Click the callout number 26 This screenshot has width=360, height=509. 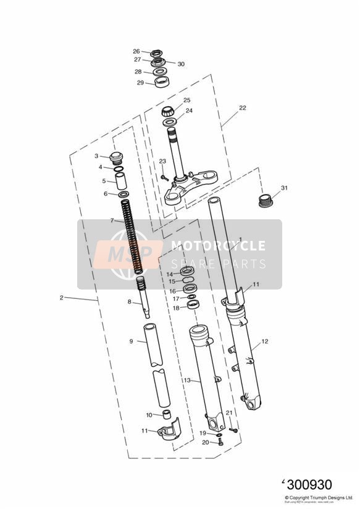[x=136, y=51]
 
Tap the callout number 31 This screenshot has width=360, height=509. [x=284, y=188]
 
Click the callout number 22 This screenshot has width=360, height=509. [x=243, y=108]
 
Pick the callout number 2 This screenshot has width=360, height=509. [x=62, y=298]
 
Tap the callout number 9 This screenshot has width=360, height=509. [x=131, y=341]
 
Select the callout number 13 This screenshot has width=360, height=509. [x=187, y=381]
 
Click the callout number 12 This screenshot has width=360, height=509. [x=264, y=341]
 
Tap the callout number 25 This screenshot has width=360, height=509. [x=186, y=100]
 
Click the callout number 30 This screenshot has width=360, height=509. [x=182, y=64]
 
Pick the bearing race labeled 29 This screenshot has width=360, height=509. [x=162, y=82]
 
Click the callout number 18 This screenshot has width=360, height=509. [x=176, y=308]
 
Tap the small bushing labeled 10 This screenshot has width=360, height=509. [x=165, y=414]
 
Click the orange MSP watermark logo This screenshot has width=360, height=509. [x=131, y=253]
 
